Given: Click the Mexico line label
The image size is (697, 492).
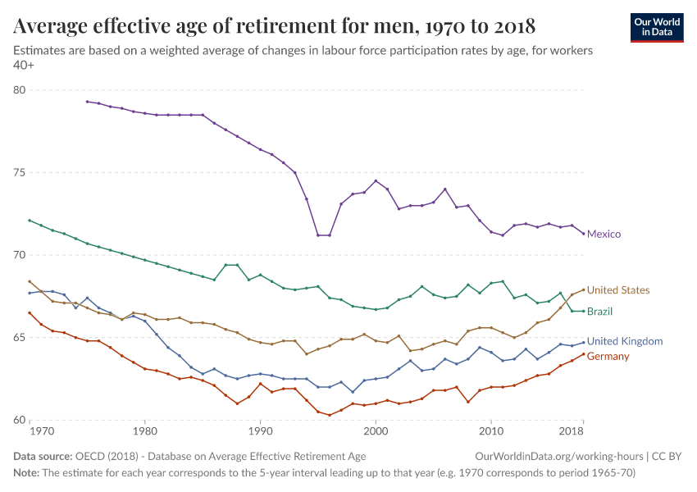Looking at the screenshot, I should tap(604, 234).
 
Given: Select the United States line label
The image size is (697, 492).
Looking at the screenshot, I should tap(618, 290).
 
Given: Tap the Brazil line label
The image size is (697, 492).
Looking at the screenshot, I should tap(599, 312).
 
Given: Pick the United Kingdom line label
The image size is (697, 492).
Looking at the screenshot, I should tap(625, 341).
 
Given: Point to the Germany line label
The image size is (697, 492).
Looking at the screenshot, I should tap(608, 357).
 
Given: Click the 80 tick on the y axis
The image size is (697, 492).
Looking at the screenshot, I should tap(19, 90).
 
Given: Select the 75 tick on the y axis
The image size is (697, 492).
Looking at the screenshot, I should tap(19, 173).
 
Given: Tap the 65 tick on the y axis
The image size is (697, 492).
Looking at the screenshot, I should tap(19, 338).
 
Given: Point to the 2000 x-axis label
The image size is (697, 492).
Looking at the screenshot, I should tap(375, 430).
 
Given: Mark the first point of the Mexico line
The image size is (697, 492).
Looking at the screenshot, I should tap(87, 102).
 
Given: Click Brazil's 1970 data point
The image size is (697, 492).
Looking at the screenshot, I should tap(30, 221).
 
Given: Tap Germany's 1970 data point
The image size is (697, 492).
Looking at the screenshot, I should tap(30, 312).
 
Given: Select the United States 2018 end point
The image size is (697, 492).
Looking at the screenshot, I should tap(583, 289).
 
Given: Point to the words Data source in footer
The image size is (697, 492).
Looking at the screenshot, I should tap(42, 456).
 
